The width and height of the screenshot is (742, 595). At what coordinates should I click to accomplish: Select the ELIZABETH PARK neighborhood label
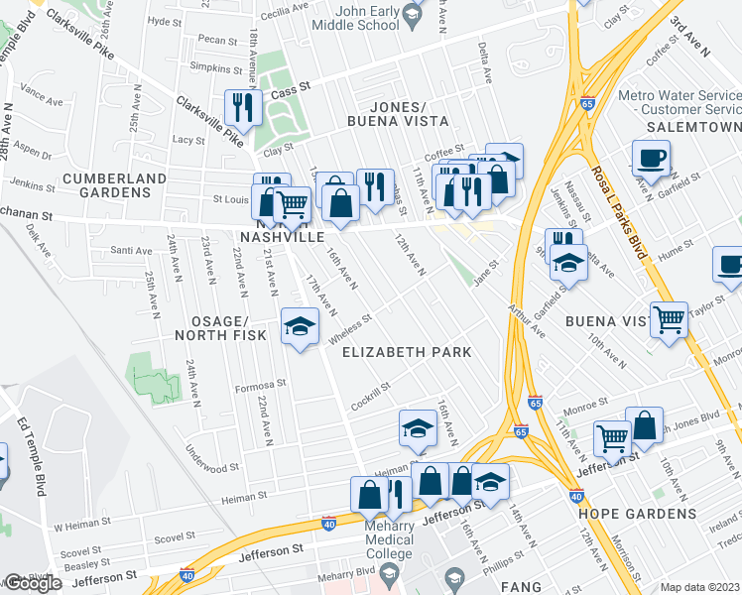click(406, 352)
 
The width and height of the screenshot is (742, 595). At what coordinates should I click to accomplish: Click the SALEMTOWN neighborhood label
click(693, 128)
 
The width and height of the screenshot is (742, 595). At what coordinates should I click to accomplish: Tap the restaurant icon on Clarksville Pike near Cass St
click(242, 106)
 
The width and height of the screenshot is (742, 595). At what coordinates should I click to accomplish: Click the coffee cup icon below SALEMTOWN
click(651, 158)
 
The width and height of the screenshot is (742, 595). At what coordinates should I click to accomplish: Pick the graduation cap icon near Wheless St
click(299, 326)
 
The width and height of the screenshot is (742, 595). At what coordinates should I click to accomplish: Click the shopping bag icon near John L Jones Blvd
click(645, 424)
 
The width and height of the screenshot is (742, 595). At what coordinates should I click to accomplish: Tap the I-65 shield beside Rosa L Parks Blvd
click(588, 102)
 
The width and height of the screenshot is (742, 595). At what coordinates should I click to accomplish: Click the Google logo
click(33, 583)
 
